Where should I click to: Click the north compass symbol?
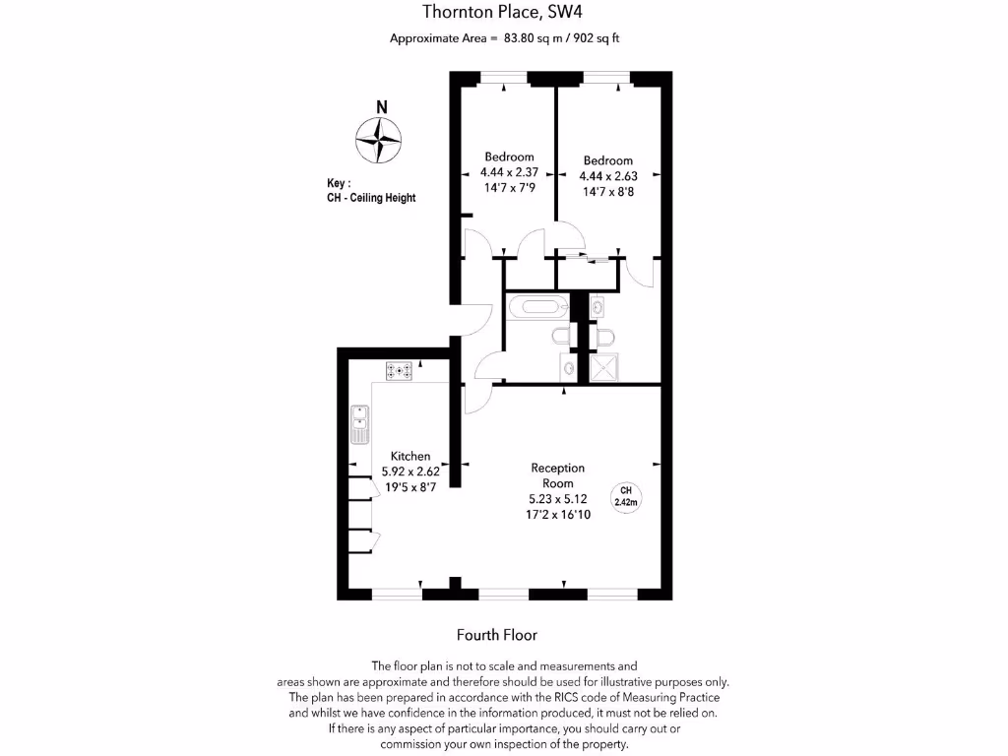pyautogui.click(x=378, y=140)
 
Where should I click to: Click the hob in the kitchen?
pyautogui.click(x=400, y=371)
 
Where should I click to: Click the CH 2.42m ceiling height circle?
pyautogui.click(x=626, y=496)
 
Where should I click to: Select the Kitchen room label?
pyautogui.click(x=410, y=456)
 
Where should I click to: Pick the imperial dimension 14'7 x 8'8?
pyautogui.click(x=607, y=192)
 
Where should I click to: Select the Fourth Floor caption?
pyautogui.click(x=497, y=635)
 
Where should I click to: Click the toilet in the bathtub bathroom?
pyautogui.click(x=560, y=337)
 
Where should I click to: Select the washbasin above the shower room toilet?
pyautogui.click(x=598, y=308)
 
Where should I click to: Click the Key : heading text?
pyautogui.click(x=339, y=183)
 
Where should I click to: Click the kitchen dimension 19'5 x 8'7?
pyautogui.click(x=410, y=486)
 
